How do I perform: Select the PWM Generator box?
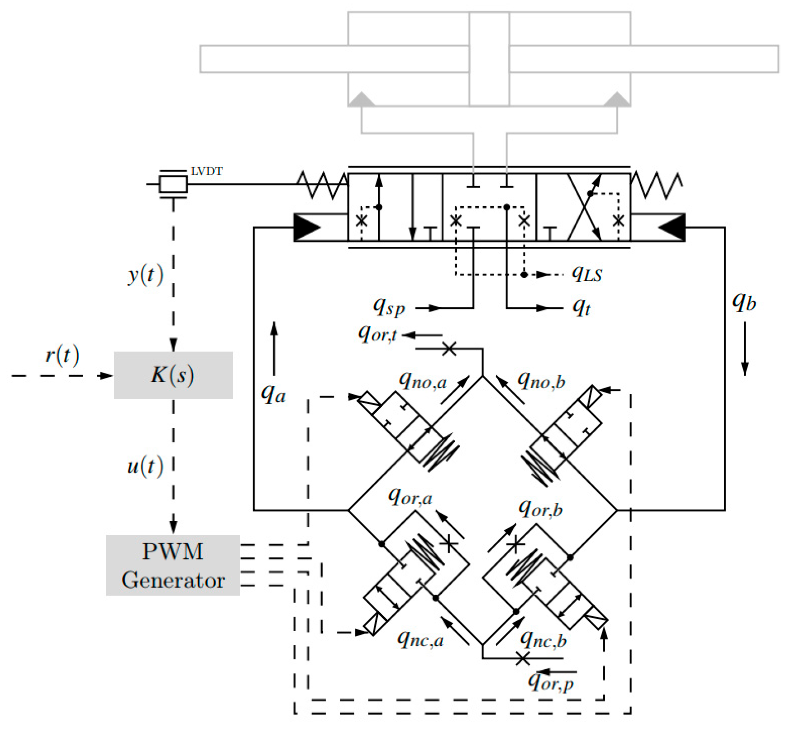click(x=172, y=565)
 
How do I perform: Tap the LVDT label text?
click(x=206, y=171)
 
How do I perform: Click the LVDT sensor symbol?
click(x=173, y=184)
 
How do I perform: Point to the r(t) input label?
click(x=62, y=355)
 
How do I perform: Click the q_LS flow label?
click(x=587, y=273)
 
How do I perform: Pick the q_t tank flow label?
click(x=581, y=307)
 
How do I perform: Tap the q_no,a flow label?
click(x=423, y=381)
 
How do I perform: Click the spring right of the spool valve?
click(x=656, y=185)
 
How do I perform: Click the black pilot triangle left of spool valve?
click(x=307, y=227)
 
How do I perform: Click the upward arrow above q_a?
click(x=274, y=348)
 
